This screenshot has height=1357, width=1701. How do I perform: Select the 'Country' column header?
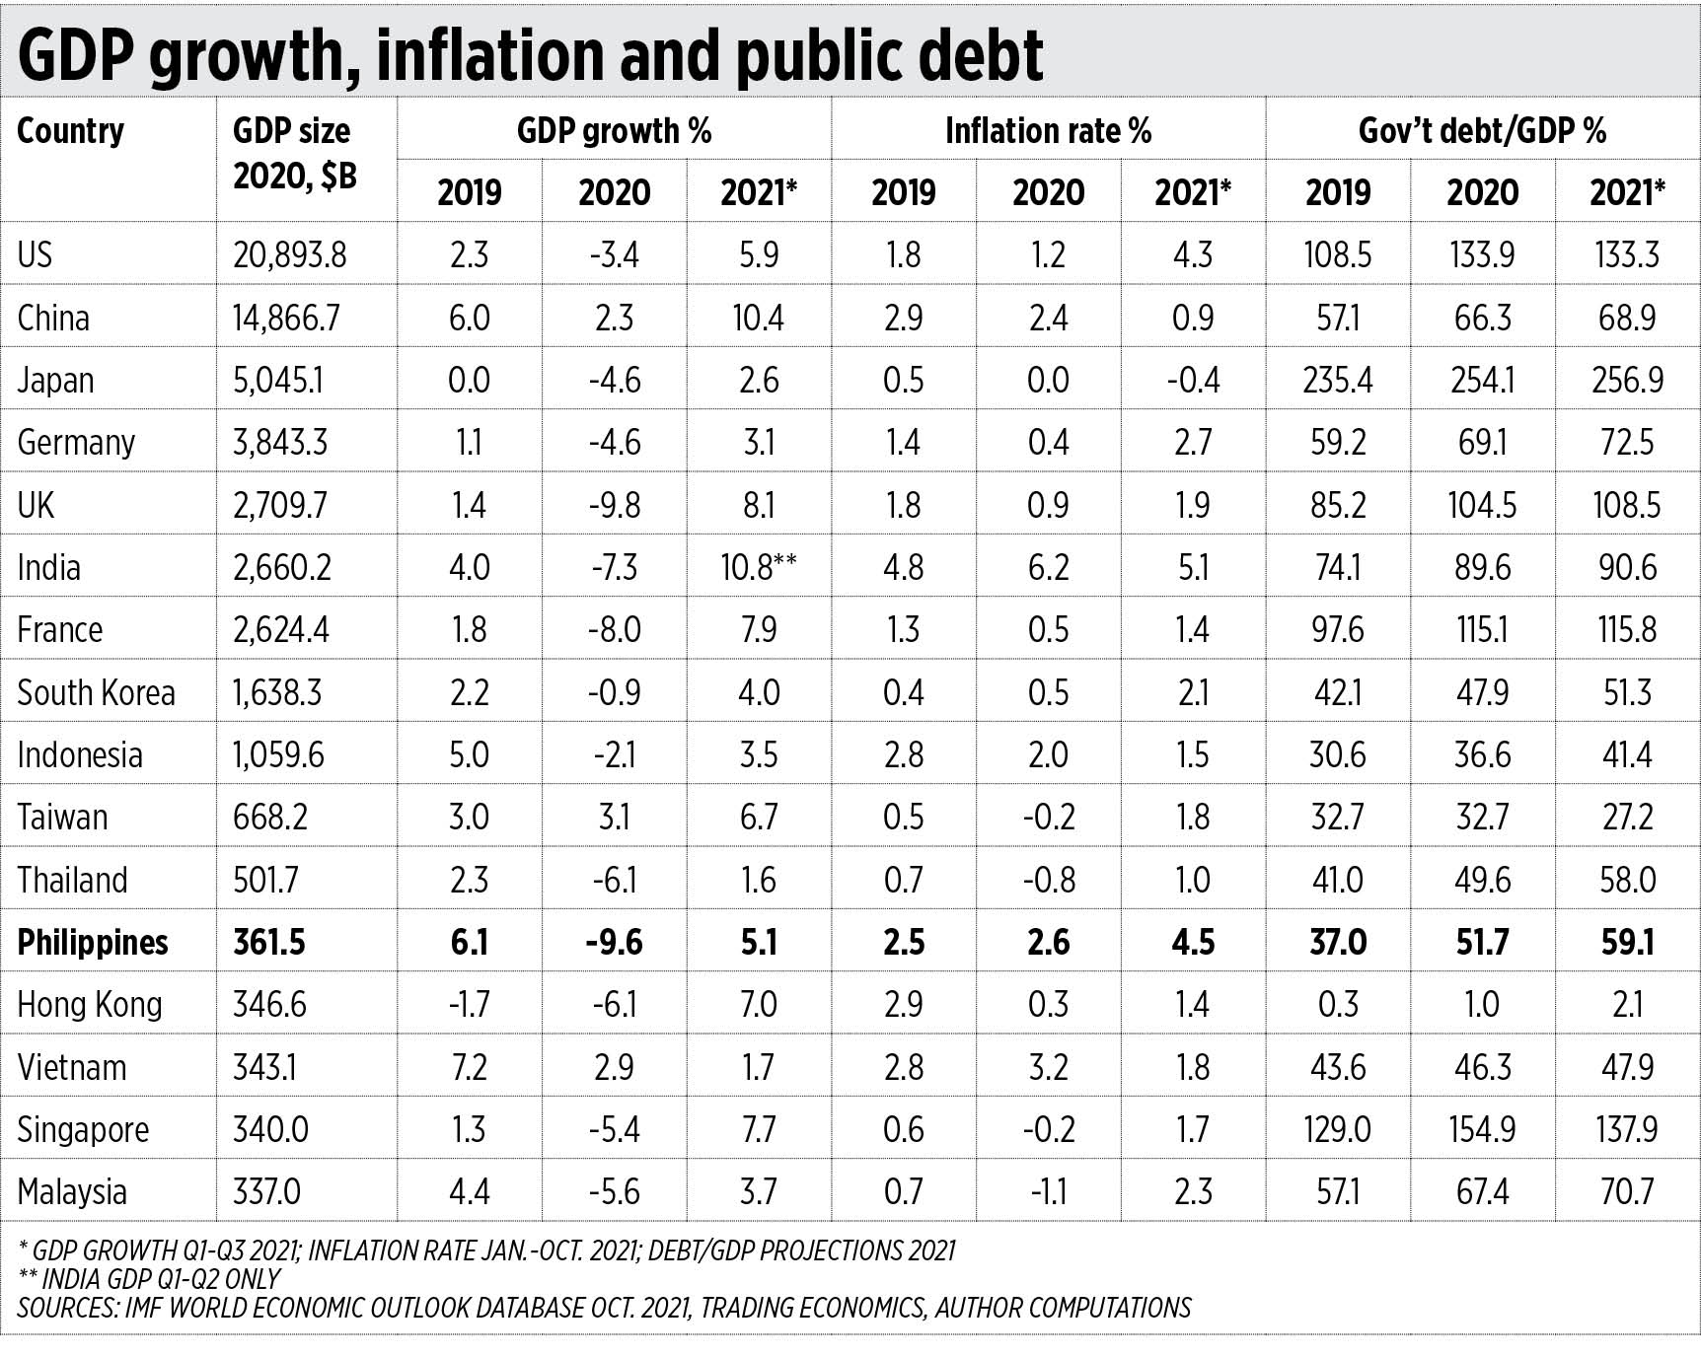pos(71,131)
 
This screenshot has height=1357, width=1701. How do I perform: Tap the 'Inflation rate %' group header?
pos(1048,131)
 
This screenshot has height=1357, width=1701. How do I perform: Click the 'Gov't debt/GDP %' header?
pos(1482,131)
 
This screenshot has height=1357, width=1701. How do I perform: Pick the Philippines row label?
pos(93,942)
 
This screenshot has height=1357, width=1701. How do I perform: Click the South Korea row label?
pos(96,692)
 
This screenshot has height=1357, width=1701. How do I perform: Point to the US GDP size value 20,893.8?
pos(290,255)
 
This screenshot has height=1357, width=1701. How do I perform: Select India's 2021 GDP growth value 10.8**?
pos(758,567)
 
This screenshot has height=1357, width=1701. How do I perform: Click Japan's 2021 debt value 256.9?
pos(1627,380)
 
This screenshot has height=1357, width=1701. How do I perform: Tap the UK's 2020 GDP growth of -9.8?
pos(614,505)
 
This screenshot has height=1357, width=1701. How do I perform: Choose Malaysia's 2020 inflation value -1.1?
pos(1048,1191)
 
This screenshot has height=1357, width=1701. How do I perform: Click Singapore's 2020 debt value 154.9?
pos(1482,1129)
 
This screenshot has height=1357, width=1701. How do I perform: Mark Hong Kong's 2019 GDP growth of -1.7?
pos(469,1004)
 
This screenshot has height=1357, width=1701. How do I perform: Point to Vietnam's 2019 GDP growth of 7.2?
pos(469,1067)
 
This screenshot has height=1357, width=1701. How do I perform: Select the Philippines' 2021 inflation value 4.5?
pos(1193,942)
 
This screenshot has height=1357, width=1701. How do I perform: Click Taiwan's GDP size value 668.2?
pos(270,817)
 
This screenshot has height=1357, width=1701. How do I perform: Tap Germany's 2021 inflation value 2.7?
pos(1193,442)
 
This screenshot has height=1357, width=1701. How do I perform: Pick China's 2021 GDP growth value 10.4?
pos(758,318)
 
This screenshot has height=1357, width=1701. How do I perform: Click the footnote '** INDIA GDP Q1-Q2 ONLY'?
pos(149,1279)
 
